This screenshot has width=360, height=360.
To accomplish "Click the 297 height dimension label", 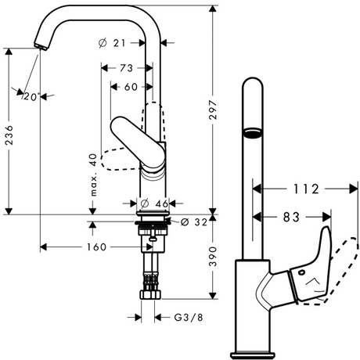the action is point(213,110).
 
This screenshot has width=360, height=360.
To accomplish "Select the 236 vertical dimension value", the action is point(9,135).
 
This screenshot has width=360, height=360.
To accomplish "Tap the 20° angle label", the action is point(32,97).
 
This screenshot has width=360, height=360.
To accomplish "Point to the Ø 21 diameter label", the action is point(113,43).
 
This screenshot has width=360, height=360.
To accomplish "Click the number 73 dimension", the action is point(127,68).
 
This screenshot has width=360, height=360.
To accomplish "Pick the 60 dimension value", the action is point(131,87).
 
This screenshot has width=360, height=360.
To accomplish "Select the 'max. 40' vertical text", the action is point(93,175).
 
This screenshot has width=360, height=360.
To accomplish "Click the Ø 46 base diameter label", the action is point(155,203).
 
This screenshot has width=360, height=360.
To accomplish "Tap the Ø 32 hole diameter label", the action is point(194,222).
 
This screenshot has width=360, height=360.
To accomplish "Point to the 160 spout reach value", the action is point(96,247).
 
